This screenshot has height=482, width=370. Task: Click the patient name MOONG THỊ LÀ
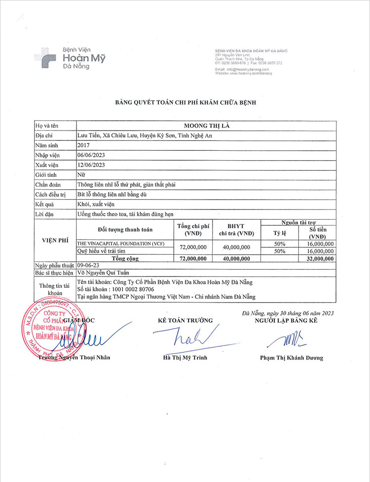206,126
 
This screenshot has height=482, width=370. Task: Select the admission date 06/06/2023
92,155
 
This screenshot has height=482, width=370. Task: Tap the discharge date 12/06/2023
92,165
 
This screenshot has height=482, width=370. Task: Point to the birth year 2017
84,145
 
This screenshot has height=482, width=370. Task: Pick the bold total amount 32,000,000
319,258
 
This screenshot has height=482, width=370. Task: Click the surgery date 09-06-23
89,265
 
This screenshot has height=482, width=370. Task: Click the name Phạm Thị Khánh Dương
292,358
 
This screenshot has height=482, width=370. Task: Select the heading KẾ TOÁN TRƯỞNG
185,320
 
